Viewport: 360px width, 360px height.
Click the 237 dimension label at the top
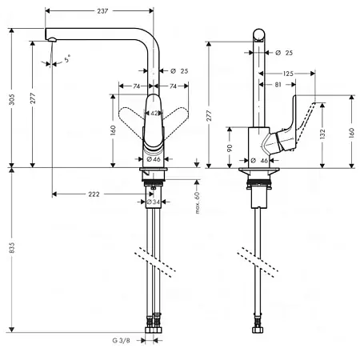102,11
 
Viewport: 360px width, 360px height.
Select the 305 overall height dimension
12,99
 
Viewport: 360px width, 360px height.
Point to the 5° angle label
67,58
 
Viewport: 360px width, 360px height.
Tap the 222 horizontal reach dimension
94,194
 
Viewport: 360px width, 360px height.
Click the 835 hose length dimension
12,248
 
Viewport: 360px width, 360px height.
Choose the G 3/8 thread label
121,341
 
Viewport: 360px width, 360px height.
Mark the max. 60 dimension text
198,203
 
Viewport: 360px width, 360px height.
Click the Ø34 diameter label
153,202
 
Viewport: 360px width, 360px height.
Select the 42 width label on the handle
154,114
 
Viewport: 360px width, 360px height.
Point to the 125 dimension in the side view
288,74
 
